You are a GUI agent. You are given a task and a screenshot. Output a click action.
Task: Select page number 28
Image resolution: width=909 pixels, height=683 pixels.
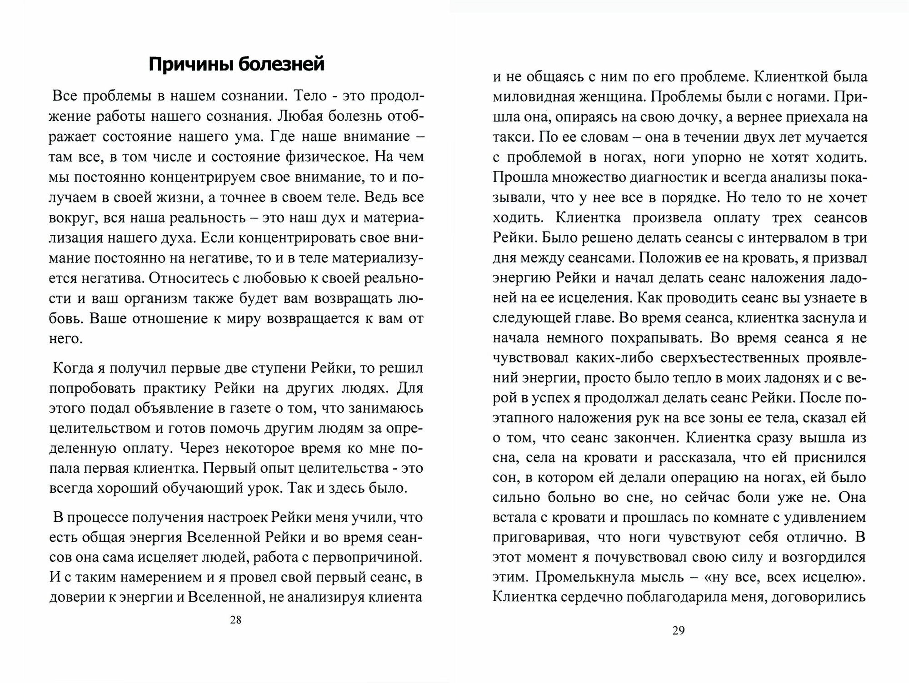tap(236, 620)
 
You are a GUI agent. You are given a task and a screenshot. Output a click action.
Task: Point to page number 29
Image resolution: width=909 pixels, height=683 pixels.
tap(678, 630)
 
